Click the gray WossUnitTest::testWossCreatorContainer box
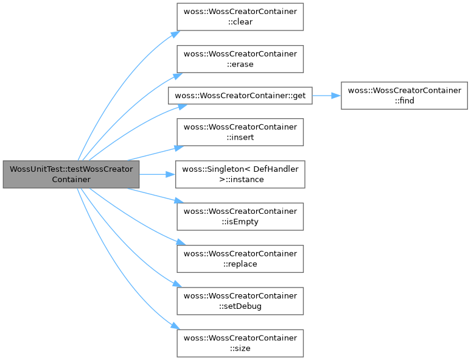[71, 174]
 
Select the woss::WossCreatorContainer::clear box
[240, 17]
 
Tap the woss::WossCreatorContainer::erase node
[240, 59]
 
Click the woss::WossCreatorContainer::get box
[240, 96]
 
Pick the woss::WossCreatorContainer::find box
[404, 96]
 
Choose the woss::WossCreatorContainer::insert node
[240, 132]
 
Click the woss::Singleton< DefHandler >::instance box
[240, 174]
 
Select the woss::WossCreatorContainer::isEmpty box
[240, 216]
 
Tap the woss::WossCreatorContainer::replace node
[240, 259]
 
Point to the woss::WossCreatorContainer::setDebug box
[240, 301]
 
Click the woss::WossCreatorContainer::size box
[240, 344]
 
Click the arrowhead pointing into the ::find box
[336, 96]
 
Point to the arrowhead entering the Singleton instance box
[170, 174]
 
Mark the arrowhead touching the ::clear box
[176, 34]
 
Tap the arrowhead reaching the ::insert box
[179, 148]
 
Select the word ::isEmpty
[240, 222]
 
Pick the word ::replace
[240, 264]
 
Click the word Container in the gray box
[71, 180]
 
